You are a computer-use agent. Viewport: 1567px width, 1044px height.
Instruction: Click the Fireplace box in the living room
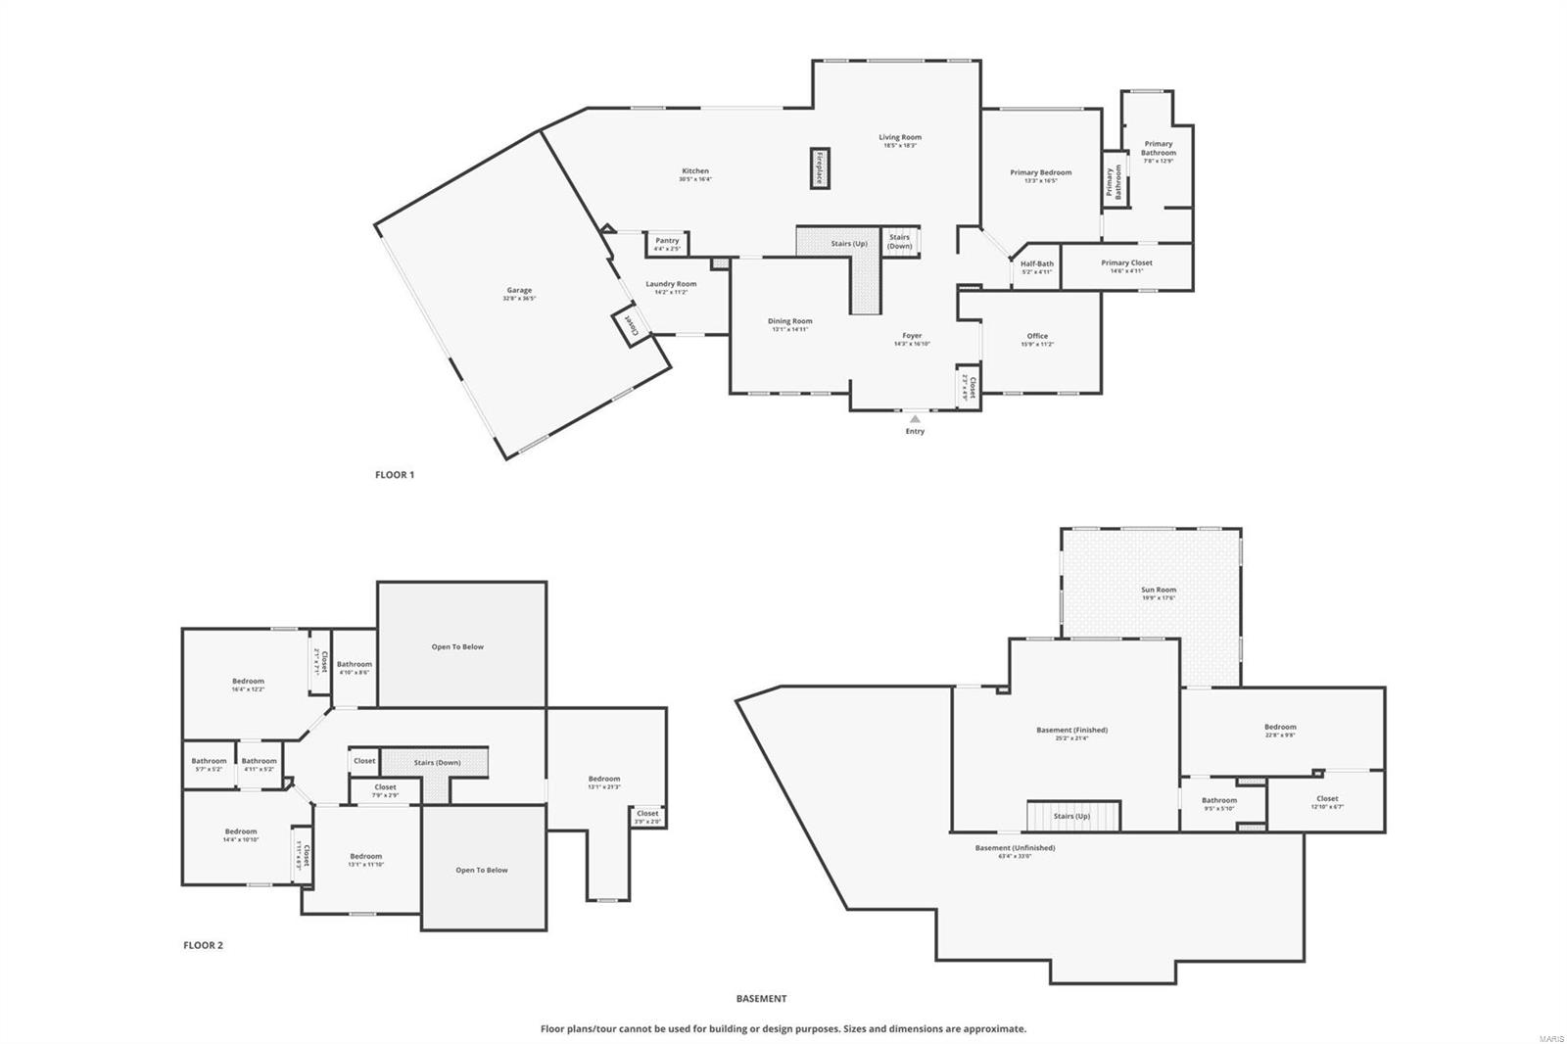pos(820,167)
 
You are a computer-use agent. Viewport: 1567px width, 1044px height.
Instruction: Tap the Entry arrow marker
pos(915,419)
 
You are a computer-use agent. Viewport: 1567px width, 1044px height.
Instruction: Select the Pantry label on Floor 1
pos(667,241)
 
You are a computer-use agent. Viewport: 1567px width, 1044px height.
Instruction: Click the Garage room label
pos(519,290)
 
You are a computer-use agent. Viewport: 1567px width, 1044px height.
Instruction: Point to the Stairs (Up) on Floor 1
pos(848,243)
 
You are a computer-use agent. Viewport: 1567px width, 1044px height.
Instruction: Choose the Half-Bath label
pos(1037,263)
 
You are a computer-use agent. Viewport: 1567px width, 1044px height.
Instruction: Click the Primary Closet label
pos(1126,262)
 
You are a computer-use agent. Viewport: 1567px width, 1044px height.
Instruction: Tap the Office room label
pos(1037,336)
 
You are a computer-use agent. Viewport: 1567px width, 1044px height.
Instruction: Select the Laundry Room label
pos(671,284)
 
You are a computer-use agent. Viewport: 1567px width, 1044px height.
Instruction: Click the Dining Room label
pos(789,321)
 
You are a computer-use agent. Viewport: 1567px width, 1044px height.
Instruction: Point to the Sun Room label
pos(1159,590)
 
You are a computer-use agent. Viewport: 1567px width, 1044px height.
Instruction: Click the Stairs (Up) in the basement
pos(1071,816)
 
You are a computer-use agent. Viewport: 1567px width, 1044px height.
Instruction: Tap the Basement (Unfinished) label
pos(1015,847)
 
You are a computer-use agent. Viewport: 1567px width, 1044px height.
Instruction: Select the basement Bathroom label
pos(1219,800)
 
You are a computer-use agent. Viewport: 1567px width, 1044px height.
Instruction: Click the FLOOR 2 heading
pos(203,945)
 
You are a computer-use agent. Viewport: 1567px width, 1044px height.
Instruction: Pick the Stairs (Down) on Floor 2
pos(437,762)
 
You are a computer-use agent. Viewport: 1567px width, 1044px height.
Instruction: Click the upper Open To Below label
pos(457,646)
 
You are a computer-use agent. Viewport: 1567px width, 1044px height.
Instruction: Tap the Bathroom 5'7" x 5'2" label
pos(209,761)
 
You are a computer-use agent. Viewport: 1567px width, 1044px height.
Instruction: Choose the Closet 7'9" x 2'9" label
pos(385,786)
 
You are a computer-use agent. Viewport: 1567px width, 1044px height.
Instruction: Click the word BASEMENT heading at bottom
pos(761,999)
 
